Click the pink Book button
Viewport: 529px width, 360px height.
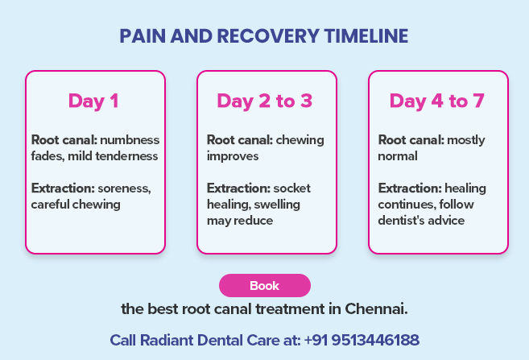point(264,286)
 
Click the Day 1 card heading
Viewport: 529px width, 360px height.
point(93,101)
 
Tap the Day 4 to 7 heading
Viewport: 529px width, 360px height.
point(437,101)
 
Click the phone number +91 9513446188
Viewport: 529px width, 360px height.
point(362,340)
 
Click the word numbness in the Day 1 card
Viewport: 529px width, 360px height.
point(130,140)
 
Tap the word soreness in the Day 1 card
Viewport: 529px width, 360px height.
point(124,188)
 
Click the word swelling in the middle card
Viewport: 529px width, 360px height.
point(277,205)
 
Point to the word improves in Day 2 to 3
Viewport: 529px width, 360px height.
point(233,156)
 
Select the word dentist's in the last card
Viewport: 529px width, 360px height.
point(403,221)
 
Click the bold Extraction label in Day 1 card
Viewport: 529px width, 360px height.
point(62,188)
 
